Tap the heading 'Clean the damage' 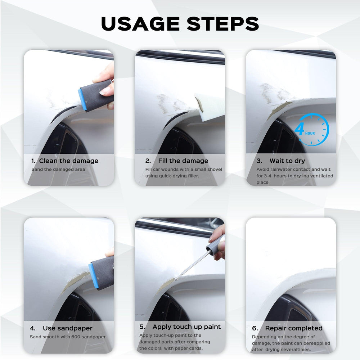pyautogui.click(x=68, y=161)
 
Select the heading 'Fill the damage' pyautogui.click(x=183, y=161)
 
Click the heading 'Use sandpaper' pyautogui.click(x=67, y=328)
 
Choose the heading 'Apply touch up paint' pyautogui.click(x=186, y=327)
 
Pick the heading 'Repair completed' pyautogui.click(x=293, y=328)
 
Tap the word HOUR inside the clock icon pyautogui.click(x=310, y=133)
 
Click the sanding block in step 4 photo pyautogui.click(x=102, y=272)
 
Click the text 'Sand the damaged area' pyautogui.click(x=58, y=169)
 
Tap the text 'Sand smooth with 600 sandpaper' pyautogui.click(x=68, y=337)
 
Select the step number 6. pyautogui.click(x=255, y=328)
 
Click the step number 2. pyautogui.click(x=148, y=161)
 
